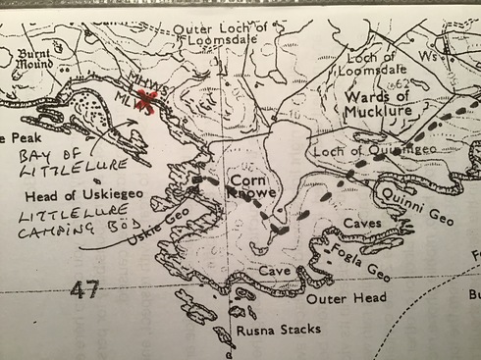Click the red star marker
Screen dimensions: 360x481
click(147, 100)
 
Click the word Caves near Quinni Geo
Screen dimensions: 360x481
click(363, 225)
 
